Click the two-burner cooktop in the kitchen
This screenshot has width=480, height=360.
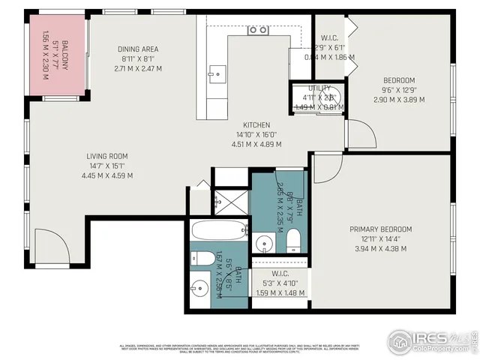tap(258, 30)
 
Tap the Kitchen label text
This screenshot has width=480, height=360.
tap(256, 125)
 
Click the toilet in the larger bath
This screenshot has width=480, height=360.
tap(293, 241)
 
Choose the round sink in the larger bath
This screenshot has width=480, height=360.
tap(264, 243)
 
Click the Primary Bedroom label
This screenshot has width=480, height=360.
tap(380, 229)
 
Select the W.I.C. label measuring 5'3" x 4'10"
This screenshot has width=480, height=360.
tap(280, 274)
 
